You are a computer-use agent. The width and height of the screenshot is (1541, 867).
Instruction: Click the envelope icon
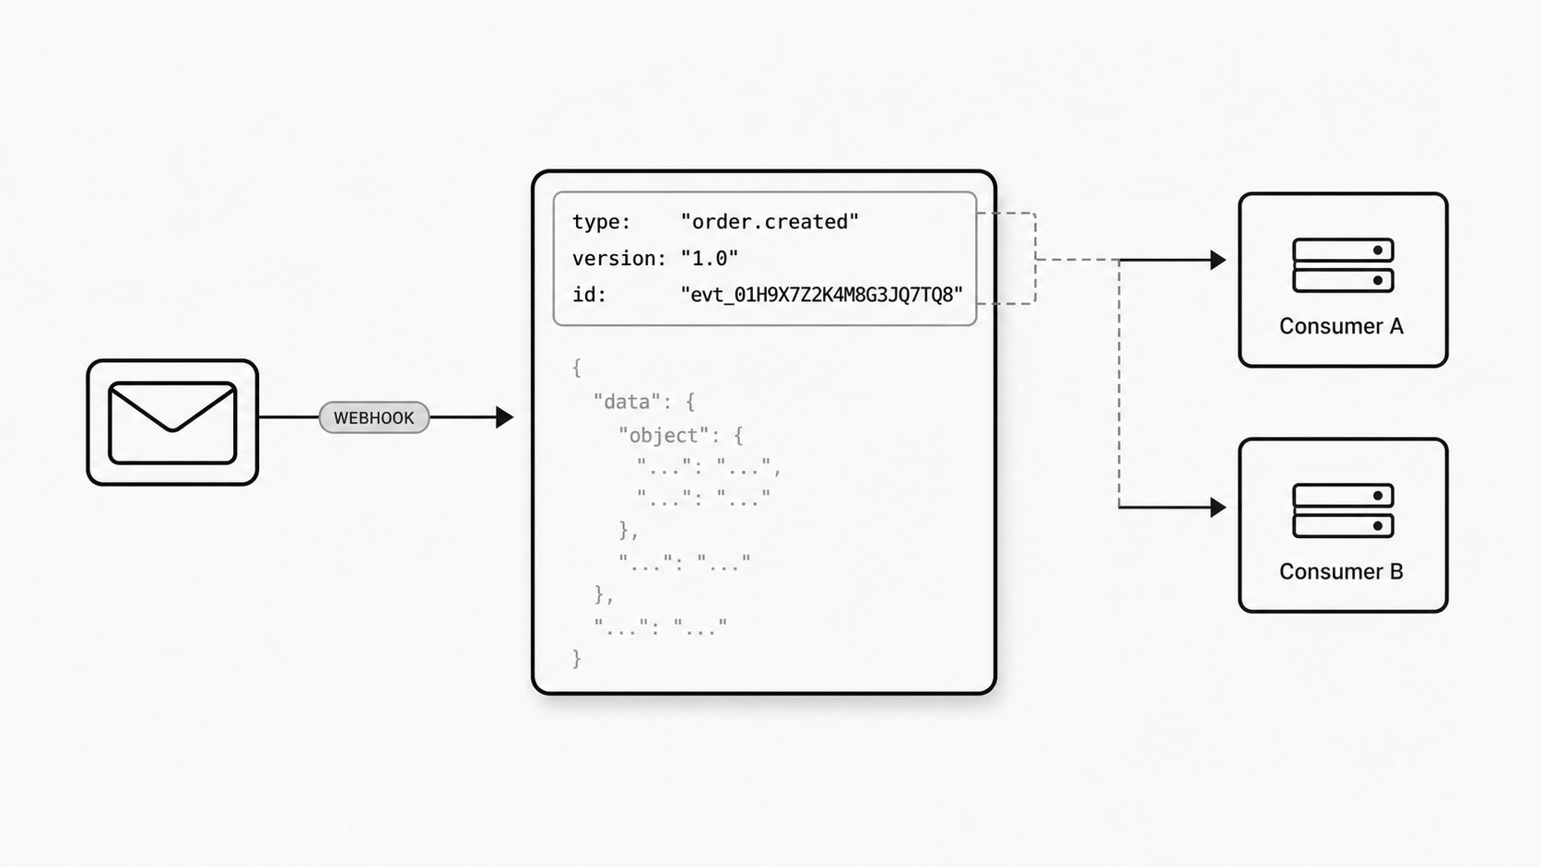172,423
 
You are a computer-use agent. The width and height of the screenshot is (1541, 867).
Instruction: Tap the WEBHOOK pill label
374,417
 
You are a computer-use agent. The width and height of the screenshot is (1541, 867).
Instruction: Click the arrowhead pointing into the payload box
504,417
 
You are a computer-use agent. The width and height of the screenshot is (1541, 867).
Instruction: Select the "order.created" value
770,222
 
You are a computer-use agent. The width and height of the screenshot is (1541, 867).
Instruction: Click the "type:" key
601,222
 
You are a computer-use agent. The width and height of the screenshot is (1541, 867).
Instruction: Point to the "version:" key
619,259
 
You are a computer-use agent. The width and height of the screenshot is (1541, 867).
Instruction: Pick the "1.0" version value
710,259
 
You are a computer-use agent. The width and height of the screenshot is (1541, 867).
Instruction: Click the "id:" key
590,295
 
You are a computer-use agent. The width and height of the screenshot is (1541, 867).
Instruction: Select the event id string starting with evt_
821,295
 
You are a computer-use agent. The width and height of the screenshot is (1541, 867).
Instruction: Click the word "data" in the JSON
627,402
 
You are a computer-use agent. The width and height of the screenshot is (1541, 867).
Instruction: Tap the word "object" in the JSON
664,436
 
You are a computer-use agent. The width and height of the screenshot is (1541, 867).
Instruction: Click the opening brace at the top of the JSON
577,368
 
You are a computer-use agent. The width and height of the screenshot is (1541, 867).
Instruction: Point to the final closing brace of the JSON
577,659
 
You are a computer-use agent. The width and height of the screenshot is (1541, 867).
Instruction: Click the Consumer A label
1342,326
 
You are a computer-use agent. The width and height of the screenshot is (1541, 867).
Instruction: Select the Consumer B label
1342,571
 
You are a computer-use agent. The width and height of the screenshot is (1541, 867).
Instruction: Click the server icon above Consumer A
1344,265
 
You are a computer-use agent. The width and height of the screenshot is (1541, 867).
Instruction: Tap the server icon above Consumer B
1344,510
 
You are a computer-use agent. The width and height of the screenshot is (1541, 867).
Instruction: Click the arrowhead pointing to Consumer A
1218,260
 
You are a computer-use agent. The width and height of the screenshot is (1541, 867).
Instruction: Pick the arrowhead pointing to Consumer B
1218,508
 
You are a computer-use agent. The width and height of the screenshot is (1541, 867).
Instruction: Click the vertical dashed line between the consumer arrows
1119,383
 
